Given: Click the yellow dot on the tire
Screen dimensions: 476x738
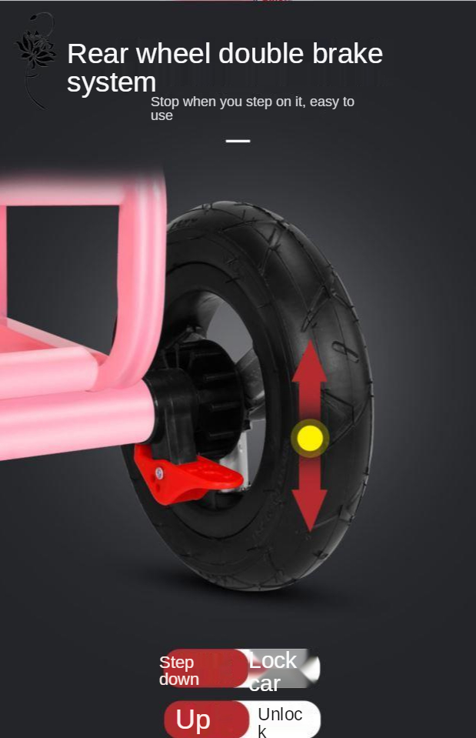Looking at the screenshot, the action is [310, 438].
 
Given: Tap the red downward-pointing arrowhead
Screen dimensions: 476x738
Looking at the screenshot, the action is [309, 511].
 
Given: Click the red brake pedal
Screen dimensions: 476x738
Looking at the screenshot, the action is [188, 476].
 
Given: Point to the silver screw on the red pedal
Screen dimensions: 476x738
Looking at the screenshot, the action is [160, 473].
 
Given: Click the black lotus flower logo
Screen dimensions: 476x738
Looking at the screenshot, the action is [35, 48].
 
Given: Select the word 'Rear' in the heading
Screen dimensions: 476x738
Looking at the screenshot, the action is [98, 54].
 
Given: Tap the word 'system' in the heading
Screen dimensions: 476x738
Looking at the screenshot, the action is [112, 83].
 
